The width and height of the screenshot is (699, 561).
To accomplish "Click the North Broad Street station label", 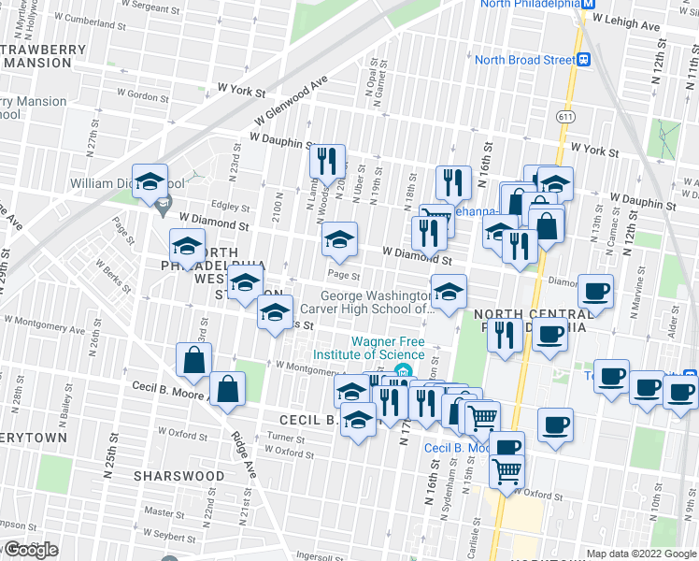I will tap(524, 60).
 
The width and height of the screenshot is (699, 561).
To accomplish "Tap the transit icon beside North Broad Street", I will tap(583, 60).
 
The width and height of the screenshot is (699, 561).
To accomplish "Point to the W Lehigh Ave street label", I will tap(642, 17).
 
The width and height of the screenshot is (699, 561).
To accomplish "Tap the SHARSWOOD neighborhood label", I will tap(178, 476).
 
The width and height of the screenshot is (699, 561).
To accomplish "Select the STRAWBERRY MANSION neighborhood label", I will tap(36, 55).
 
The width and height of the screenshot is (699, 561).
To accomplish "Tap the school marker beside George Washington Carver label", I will tap(449, 292).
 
